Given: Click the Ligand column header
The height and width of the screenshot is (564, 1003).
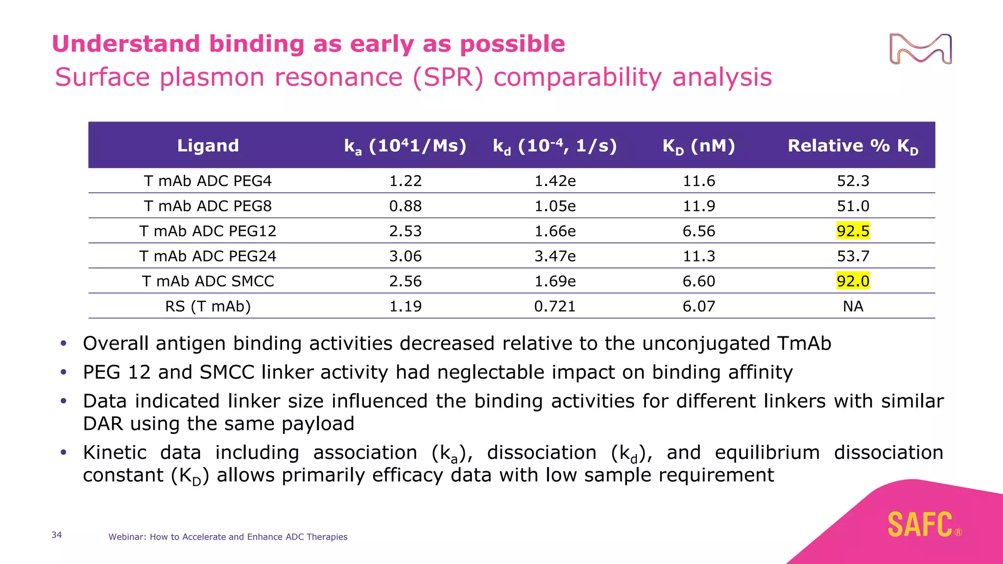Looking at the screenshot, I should point(208,145).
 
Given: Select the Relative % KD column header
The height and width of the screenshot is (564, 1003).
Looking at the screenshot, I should point(853,146).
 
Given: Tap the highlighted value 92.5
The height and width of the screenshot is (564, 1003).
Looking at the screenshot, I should point(853,231).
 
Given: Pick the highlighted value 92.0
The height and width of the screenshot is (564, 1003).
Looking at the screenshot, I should point(853,281).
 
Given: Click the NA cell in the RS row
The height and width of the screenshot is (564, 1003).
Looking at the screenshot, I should point(853,306).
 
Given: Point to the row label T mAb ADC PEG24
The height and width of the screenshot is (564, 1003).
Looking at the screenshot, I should point(208,256).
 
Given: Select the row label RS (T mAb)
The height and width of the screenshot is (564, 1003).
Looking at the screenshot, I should point(208,306).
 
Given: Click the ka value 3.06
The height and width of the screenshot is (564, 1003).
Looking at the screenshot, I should point(405,256).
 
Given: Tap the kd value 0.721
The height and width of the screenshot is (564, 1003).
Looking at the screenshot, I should point(554,306).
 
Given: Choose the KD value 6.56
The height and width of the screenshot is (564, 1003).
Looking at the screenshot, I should point(698,231).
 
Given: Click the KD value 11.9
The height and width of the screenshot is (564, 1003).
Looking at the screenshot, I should point(698,206).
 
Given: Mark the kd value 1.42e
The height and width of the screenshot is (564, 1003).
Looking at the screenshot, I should point(554,181).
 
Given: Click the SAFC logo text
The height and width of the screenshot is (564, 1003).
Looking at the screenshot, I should point(920,525).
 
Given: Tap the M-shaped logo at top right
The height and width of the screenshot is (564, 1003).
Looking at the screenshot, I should point(920,49).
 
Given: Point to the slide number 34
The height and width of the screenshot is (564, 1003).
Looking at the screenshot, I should point(57,535).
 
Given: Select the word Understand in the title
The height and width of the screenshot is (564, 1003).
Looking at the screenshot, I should point(126,44).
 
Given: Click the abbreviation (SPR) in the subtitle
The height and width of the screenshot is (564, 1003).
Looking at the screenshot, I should point(449,77).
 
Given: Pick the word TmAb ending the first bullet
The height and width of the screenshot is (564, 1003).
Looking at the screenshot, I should point(804,344).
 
